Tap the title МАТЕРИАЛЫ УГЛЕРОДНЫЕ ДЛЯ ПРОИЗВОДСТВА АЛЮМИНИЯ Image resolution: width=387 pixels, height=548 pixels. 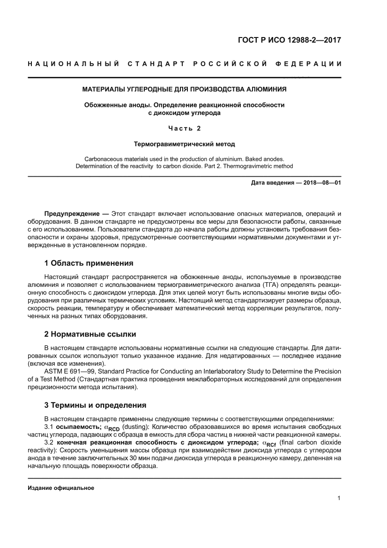coord(184,89)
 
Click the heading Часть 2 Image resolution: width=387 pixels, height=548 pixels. coord(184,128)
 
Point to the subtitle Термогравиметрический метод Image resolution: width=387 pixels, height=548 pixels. coord(184,143)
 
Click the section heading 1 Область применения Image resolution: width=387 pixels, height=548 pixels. coord(89,263)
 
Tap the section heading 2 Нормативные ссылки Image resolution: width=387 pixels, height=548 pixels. coord(90,334)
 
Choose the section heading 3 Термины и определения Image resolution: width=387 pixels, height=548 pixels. coord(95,405)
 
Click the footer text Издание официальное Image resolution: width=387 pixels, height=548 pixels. coord(61,488)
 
